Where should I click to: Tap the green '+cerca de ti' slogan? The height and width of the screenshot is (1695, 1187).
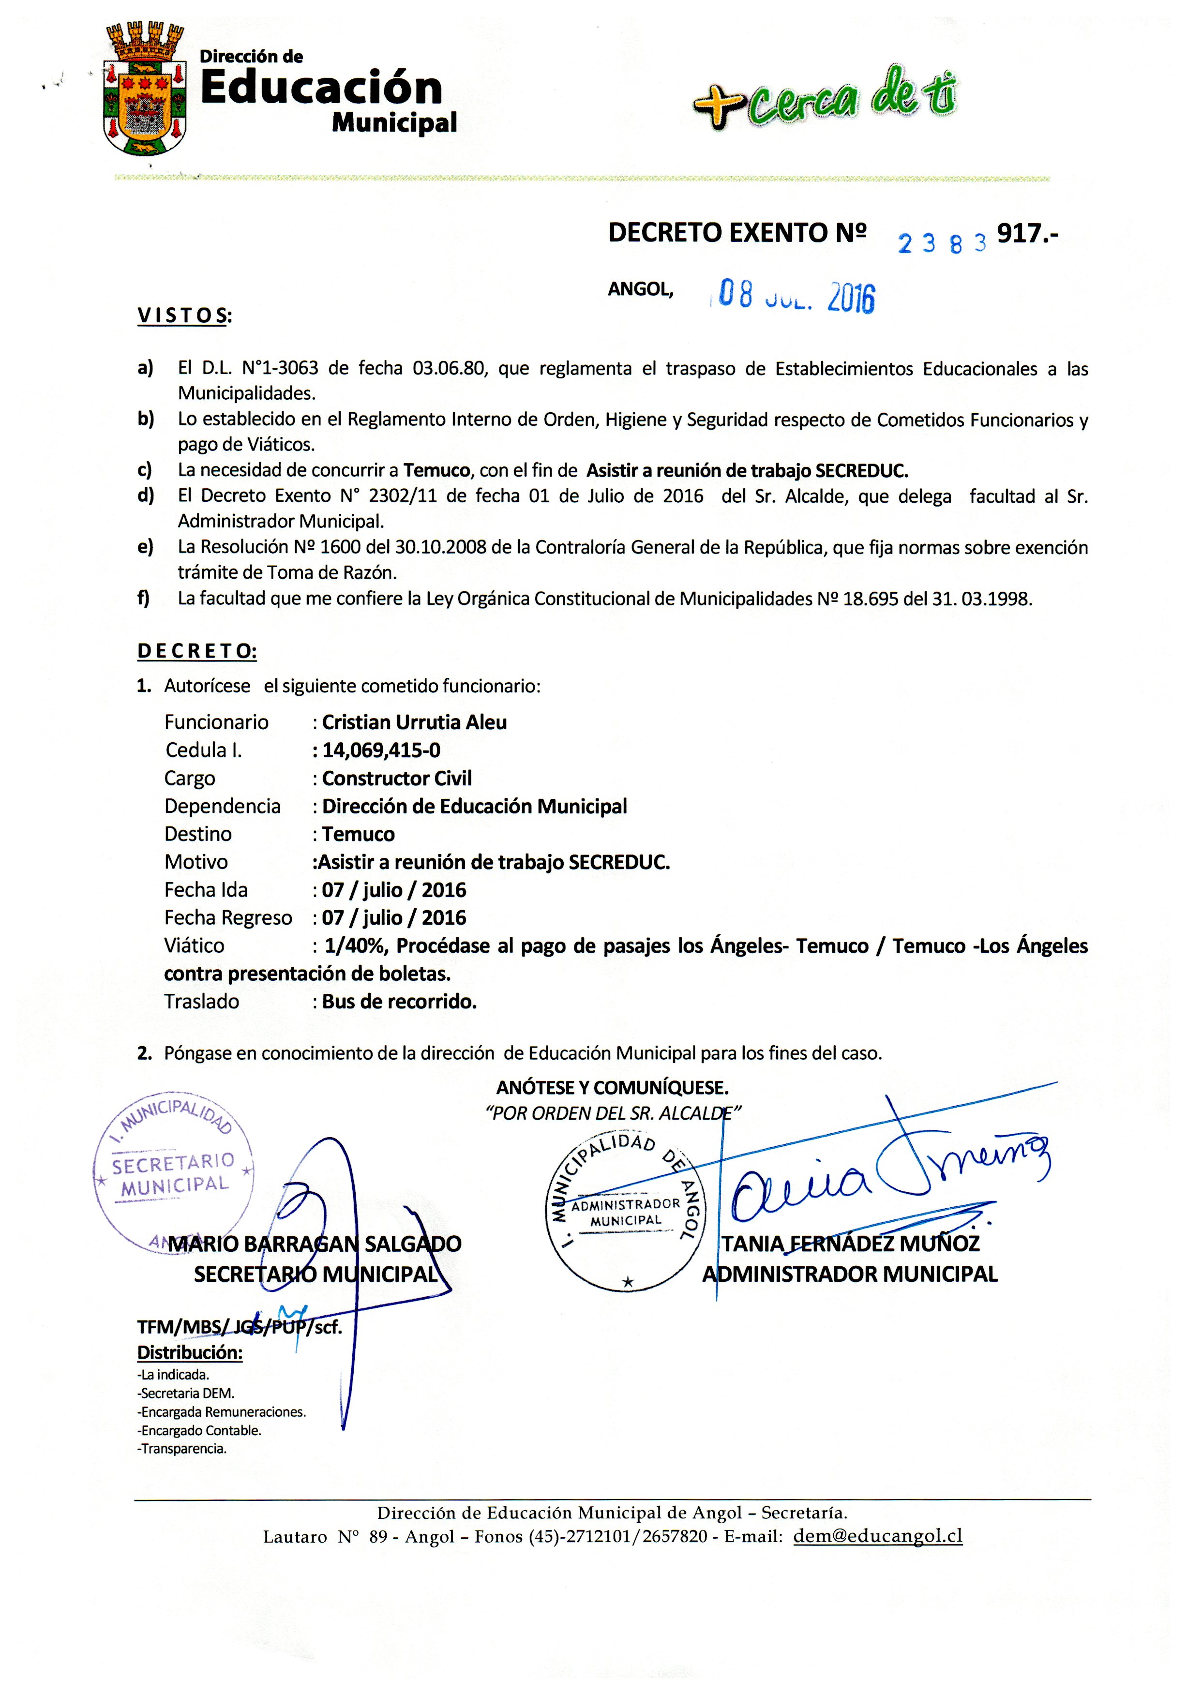825,98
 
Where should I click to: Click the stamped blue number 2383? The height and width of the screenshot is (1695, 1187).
941,241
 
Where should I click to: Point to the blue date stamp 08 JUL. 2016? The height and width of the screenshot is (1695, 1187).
796,296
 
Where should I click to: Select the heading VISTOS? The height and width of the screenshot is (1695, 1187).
184,316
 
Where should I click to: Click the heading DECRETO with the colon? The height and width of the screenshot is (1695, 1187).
197,651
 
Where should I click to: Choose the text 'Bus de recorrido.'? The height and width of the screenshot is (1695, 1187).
399,1001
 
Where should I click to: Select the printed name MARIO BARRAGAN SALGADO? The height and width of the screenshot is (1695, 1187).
315,1244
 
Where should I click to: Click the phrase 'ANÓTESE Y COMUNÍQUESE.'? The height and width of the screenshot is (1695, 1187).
613,1087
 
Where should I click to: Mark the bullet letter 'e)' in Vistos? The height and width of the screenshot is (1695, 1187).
146,547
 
